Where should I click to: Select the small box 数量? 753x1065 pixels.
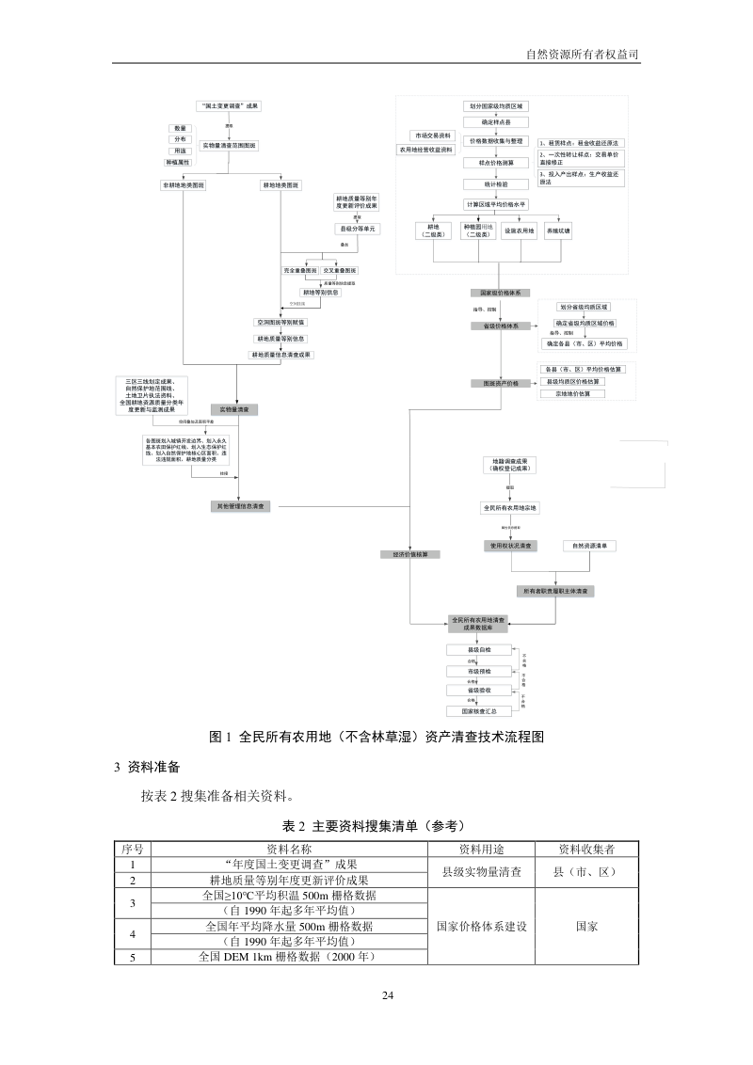(x=180, y=128)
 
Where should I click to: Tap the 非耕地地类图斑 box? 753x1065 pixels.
(x=184, y=185)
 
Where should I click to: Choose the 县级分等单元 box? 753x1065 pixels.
(x=357, y=229)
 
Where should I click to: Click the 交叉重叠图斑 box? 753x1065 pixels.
(x=340, y=271)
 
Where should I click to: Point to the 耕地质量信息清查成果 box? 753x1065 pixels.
(x=280, y=355)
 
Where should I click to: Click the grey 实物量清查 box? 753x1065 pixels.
(x=233, y=410)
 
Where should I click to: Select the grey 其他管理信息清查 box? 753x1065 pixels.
(x=242, y=506)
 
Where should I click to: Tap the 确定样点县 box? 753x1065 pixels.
(x=497, y=122)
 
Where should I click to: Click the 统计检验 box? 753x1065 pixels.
(x=497, y=184)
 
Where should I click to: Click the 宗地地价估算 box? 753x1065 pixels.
(x=573, y=393)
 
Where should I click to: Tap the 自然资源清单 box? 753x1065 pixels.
(x=589, y=546)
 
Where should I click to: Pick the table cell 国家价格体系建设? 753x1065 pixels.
(x=484, y=926)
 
